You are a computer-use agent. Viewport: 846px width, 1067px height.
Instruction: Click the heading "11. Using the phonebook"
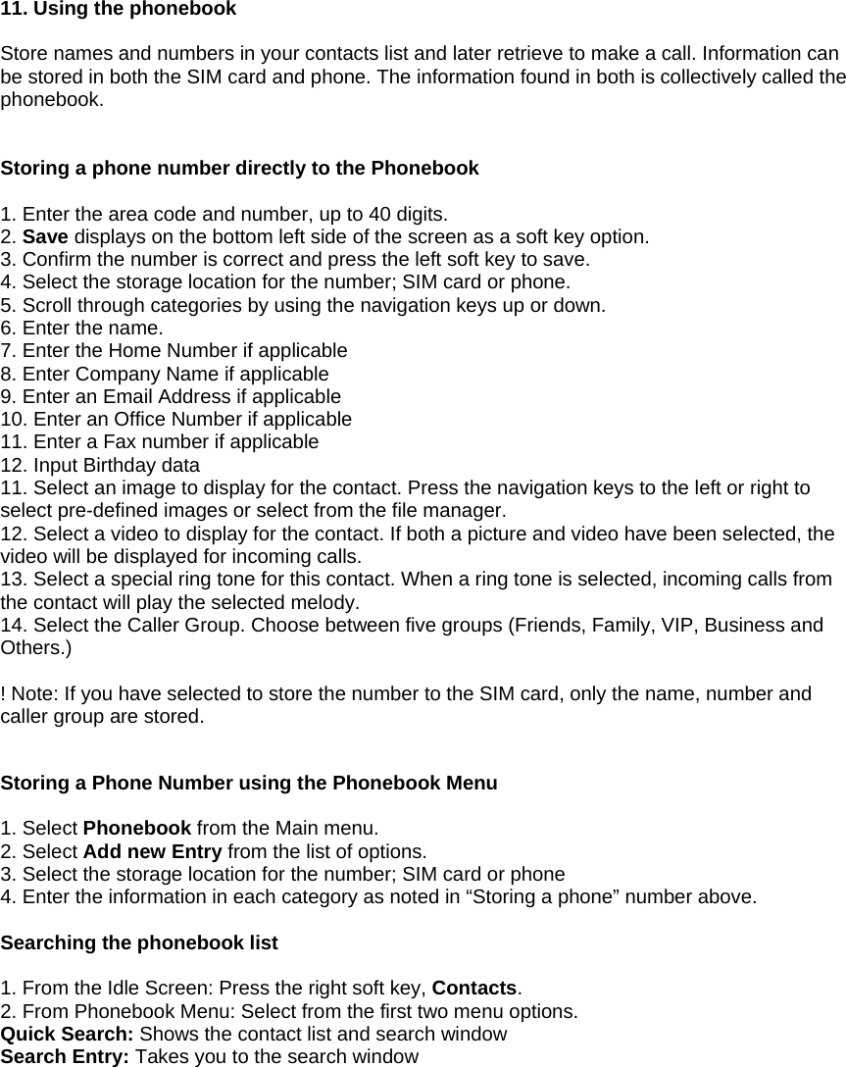119,10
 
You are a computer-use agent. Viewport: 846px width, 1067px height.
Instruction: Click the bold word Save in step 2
45,237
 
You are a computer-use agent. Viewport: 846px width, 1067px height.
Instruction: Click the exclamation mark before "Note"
4,694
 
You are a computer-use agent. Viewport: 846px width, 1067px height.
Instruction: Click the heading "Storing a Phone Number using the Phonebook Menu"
249,784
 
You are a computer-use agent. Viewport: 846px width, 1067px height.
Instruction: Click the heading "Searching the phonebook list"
139,943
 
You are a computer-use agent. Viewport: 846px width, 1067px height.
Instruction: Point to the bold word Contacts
473,989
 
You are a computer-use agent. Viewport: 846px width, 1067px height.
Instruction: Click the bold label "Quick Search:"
68,1035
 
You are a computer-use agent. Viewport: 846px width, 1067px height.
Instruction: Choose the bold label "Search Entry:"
66,1057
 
